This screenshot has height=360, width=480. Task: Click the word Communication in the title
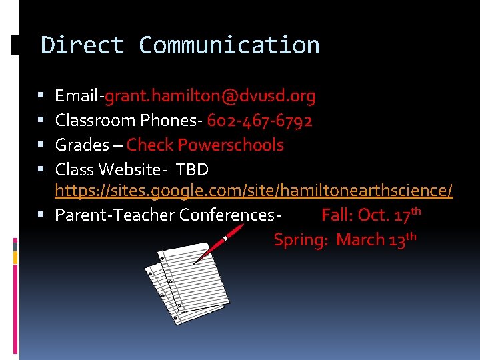pos(229,45)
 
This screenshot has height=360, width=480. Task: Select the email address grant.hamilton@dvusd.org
pos(210,97)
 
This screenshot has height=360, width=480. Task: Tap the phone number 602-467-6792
pos(259,121)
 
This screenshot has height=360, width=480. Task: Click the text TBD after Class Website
pos(193,169)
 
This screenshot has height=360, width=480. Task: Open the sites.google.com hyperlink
pos(253,191)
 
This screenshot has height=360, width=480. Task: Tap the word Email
pos(77,97)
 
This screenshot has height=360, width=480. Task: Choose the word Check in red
pos(149,145)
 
